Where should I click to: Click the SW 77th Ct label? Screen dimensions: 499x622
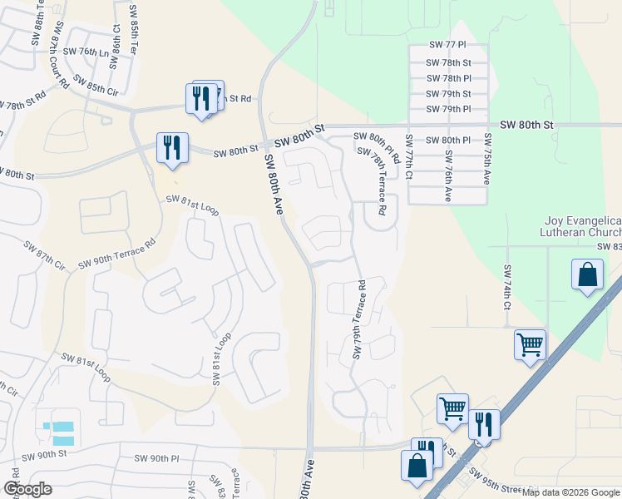pos(408,158)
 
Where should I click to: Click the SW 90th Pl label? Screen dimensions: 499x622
pos(157,458)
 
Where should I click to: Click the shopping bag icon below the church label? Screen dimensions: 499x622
pos(587,274)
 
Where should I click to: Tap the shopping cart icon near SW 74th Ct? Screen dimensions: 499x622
pos(530,343)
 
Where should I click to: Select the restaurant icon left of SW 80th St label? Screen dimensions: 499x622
pos(172,148)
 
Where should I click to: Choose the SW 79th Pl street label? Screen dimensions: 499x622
pos(448,109)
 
